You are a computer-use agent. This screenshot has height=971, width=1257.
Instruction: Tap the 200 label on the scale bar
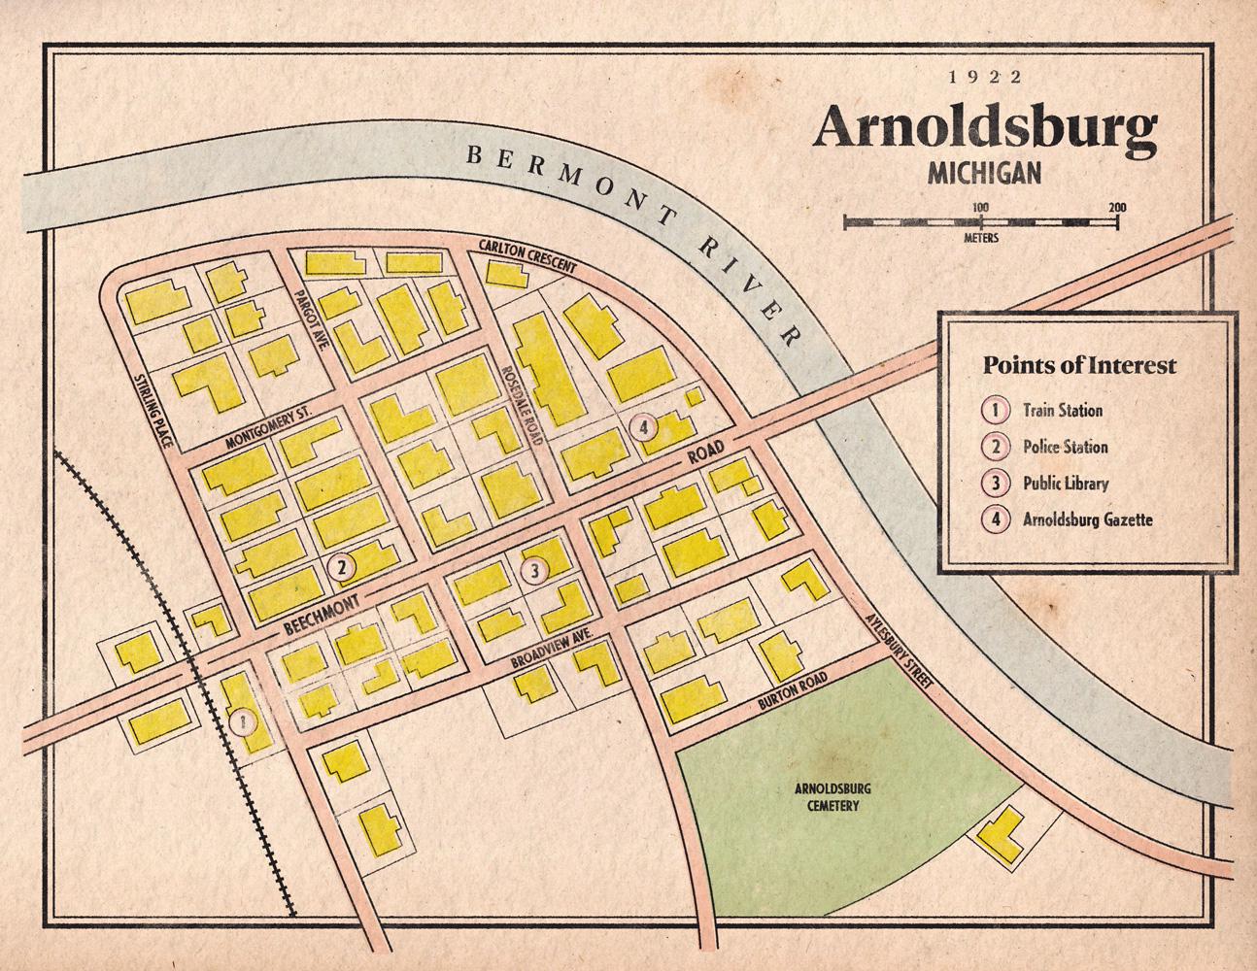click(1115, 207)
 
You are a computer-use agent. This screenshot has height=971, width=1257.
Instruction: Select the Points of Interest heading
click(1078, 366)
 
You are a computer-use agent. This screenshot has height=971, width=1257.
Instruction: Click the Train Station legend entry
click(1062, 410)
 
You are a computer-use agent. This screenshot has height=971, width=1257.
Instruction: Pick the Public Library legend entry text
click(1065, 483)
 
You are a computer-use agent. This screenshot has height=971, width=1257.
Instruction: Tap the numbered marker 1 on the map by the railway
click(242, 720)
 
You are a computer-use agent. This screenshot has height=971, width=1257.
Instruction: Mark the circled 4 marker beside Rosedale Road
click(644, 426)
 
